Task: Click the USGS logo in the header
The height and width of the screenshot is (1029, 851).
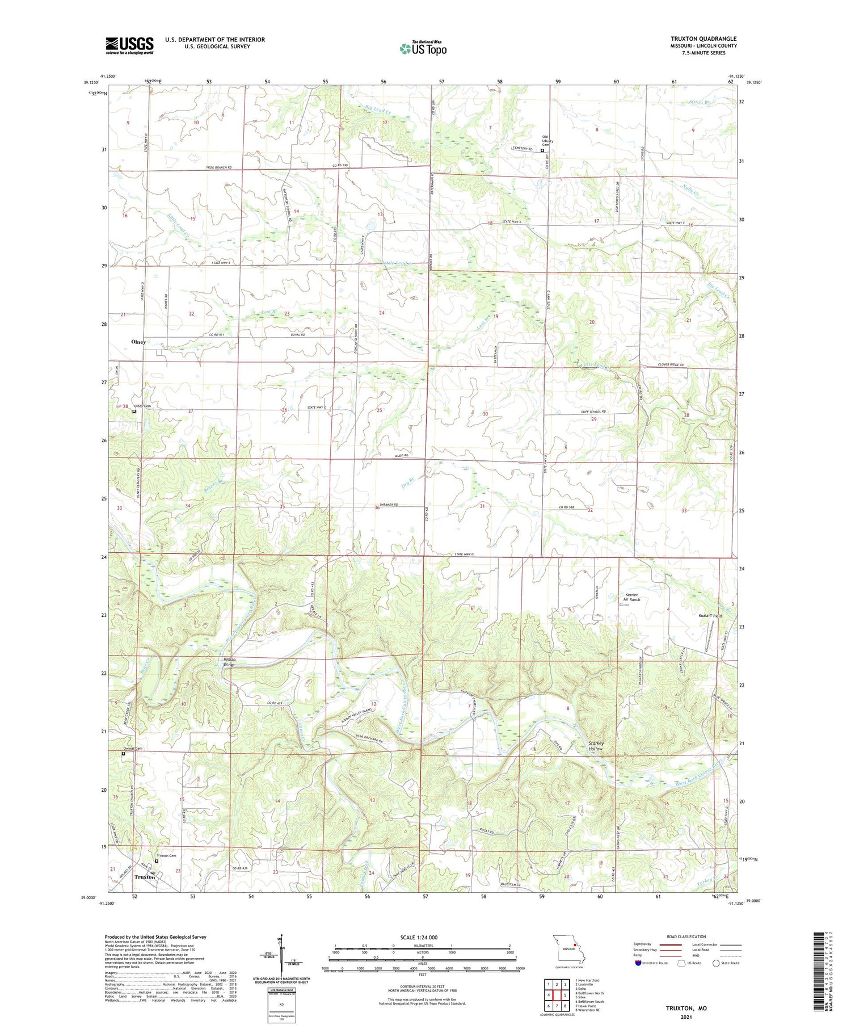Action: coord(129,45)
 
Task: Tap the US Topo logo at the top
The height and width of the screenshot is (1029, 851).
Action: coord(423,49)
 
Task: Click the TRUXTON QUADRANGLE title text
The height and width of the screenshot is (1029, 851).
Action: coord(703,39)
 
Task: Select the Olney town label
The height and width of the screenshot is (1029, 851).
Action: coord(138,342)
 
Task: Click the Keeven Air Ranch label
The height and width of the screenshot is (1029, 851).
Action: coord(631,597)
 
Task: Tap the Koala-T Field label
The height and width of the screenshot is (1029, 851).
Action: coord(710,615)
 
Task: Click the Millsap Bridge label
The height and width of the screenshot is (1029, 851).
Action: coord(229,662)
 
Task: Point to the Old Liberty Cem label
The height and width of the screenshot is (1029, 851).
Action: coord(547,140)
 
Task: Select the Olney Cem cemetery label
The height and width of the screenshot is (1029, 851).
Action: coord(142,406)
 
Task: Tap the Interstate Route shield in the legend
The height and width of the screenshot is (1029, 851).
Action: coord(638,963)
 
